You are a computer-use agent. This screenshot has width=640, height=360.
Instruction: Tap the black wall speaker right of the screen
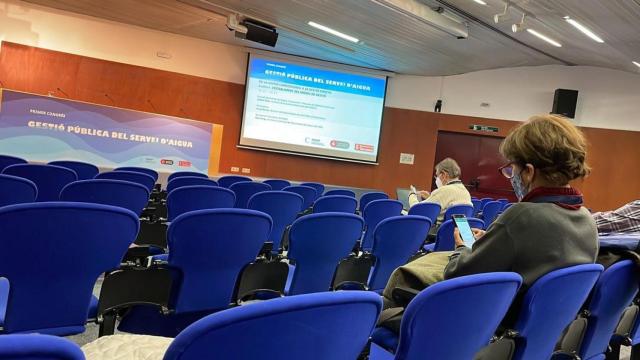point(565,102)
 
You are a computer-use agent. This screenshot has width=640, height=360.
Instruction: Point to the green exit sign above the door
point(484,128)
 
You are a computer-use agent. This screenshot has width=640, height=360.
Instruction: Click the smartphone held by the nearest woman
point(464,231)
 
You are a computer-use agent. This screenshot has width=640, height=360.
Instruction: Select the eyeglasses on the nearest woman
point(508,171)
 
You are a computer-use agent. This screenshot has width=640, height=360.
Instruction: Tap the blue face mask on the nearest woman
point(519,186)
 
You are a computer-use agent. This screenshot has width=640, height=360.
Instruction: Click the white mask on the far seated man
point(438,182)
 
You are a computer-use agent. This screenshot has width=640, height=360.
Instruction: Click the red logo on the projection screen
point(364,146)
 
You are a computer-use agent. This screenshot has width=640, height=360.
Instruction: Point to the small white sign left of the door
point(406,158)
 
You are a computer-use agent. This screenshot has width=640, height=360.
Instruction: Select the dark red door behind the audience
point(470,165)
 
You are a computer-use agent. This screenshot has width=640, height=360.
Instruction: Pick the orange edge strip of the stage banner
point(216,148)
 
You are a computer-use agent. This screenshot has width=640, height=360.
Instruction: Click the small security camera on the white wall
point(438,104)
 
